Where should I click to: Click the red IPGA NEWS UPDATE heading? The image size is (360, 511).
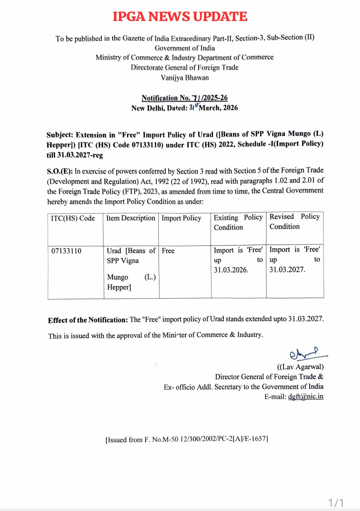click(180, 17)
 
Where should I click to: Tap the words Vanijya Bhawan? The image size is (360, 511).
click(185, 78)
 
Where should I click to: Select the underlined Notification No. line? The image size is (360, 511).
click(184, 98)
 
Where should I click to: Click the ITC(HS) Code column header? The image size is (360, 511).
click(73, 218)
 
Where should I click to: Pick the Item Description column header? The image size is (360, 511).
click(131, 218)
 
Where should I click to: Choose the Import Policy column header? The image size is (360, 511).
click(181, 218)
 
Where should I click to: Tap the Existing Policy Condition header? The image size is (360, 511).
click(238, 222)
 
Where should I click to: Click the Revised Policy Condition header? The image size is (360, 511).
click(294, 221)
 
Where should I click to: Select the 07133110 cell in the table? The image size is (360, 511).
click(66, 251)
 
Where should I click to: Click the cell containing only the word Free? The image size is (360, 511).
click(168, 251)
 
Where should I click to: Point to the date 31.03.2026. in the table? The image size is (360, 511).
click(231, 270)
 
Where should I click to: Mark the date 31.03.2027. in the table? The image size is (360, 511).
click(287, 270)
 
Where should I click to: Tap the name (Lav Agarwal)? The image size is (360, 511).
click(300, 367)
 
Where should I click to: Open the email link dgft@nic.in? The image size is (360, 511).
click(306, 397)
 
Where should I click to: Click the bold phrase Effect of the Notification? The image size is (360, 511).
click(88, 320)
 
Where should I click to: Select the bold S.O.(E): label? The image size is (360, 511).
click(60, 172)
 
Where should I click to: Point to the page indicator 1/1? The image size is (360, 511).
click(336, 503)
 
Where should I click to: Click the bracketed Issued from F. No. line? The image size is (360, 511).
click(187, 439)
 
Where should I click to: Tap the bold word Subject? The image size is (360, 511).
click(60, 135)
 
